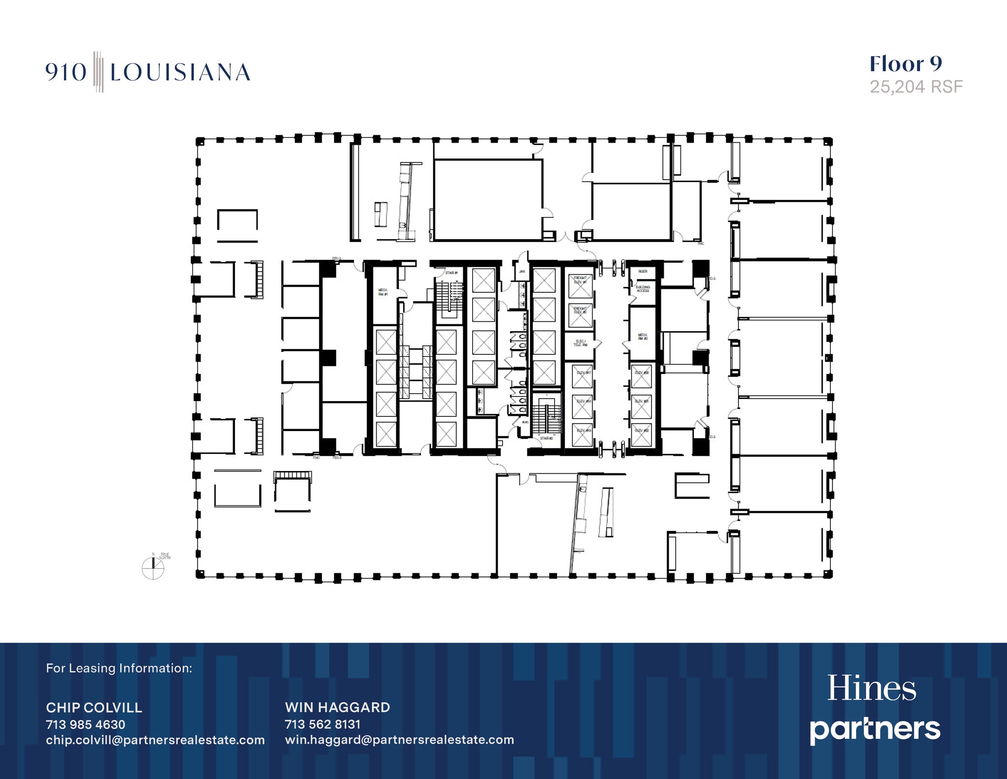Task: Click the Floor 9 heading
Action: (906, 64)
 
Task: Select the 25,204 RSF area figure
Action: (916, 87)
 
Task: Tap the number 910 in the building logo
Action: (66, 73)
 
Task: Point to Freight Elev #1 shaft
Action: (580, 286)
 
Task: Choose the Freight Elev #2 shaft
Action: (580, 315)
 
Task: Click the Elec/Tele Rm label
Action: (580, 343)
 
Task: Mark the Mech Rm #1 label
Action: (383, 292)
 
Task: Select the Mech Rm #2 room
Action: (643, 337)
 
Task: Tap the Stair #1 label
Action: (451, 273)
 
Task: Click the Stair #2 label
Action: (546, 438)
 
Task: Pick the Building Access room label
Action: (643, 289)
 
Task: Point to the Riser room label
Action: (643, 272)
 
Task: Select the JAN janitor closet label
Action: (522, 272)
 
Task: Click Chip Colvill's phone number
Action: (86, 724)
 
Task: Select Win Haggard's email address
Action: (399, 740)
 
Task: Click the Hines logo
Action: (871, 688)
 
